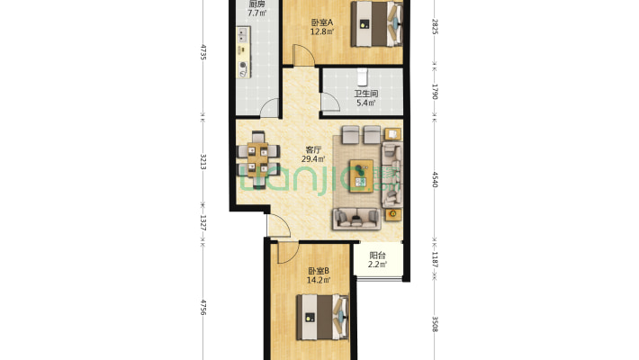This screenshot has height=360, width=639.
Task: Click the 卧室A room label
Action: click(x=322, y=22)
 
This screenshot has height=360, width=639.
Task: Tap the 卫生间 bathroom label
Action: click(x=365, y=94)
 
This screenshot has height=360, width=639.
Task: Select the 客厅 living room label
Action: click(x=313, y=150)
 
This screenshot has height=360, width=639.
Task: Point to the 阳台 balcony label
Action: click(x=377, y=256)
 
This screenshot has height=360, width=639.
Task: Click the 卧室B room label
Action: click(x=319, y=271)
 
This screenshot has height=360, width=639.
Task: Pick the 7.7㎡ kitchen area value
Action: click(x=257, y=13)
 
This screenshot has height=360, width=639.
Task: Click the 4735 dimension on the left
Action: click(x=203, y=52)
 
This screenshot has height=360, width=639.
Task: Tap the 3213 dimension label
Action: click(x=203, y=162)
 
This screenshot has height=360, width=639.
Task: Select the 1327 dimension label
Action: click(x=203, y=223)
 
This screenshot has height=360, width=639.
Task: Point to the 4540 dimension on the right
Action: click(x=435, y=179)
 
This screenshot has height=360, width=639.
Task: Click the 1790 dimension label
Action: click(x=435, y=92)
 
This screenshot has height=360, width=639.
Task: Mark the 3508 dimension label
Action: click(x=435, y=324)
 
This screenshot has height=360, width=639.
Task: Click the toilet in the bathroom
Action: click(x=363, y=77)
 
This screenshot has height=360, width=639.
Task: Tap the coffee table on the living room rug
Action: click(x=361, y=175)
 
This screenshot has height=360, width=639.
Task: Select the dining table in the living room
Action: click(x=258, y=159)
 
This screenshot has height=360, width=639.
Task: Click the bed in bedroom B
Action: click(x=322, y=317)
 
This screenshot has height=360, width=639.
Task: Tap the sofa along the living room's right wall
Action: click(x=391, y=175)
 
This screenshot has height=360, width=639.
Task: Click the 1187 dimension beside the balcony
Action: click(x=435, y=260)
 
